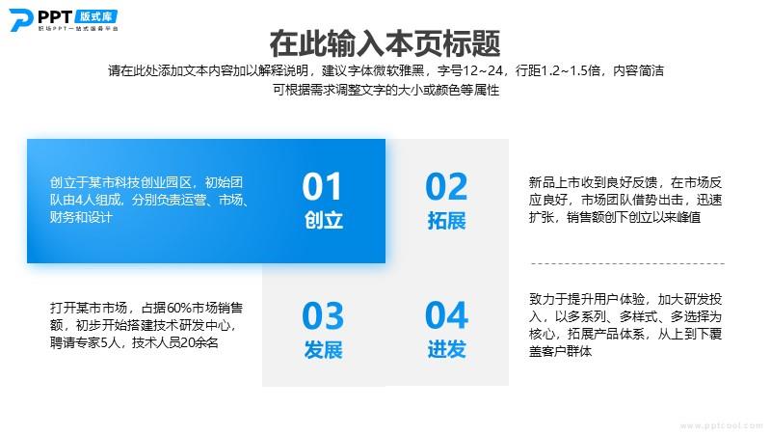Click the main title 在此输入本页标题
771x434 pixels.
coord(385,43)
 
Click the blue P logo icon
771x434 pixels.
coord(20,20)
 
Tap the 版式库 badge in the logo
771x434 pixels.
coord(96,16)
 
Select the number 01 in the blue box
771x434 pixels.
coord(322,186)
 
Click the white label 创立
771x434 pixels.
coord(323,220)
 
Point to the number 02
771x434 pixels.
coord(446,186)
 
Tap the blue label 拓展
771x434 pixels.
coord(446,220)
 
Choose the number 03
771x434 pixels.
coord(323,315)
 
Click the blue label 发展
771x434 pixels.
coord(323,349)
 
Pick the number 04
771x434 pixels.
coord(446,315)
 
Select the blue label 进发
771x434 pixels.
coord(446,349)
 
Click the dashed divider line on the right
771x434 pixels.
coord(627,263)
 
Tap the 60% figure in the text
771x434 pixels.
coord(179,308)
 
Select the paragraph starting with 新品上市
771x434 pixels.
coord(625,200)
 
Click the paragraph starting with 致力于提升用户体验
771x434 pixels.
coord(625,325)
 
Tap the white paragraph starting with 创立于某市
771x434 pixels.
coord(149,200)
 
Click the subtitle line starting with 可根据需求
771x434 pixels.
coord(386,90)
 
